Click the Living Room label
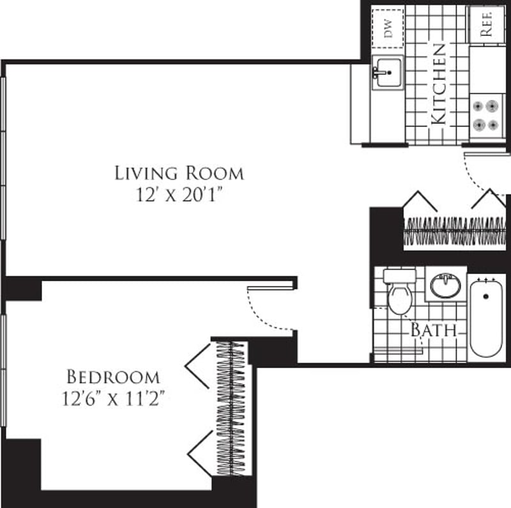pyautogui.click(x=179, y=173)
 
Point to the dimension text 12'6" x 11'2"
pyautogui.click(x=113, y=398)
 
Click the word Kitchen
pyautogui.click(x=438, y=83)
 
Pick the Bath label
pyautogui.click(x=434, y=330)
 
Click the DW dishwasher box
pyautogui.click(x=388, y=27)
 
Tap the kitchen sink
pyautogui.click(x=387, y=72)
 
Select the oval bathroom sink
pyautogui.click(x=445, y=286)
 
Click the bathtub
pyautogui.click(x=487, y=316)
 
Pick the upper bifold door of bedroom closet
pyautogui.click(x=199, y=366)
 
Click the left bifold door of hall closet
pyautogui.click(x=420, y=201)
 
